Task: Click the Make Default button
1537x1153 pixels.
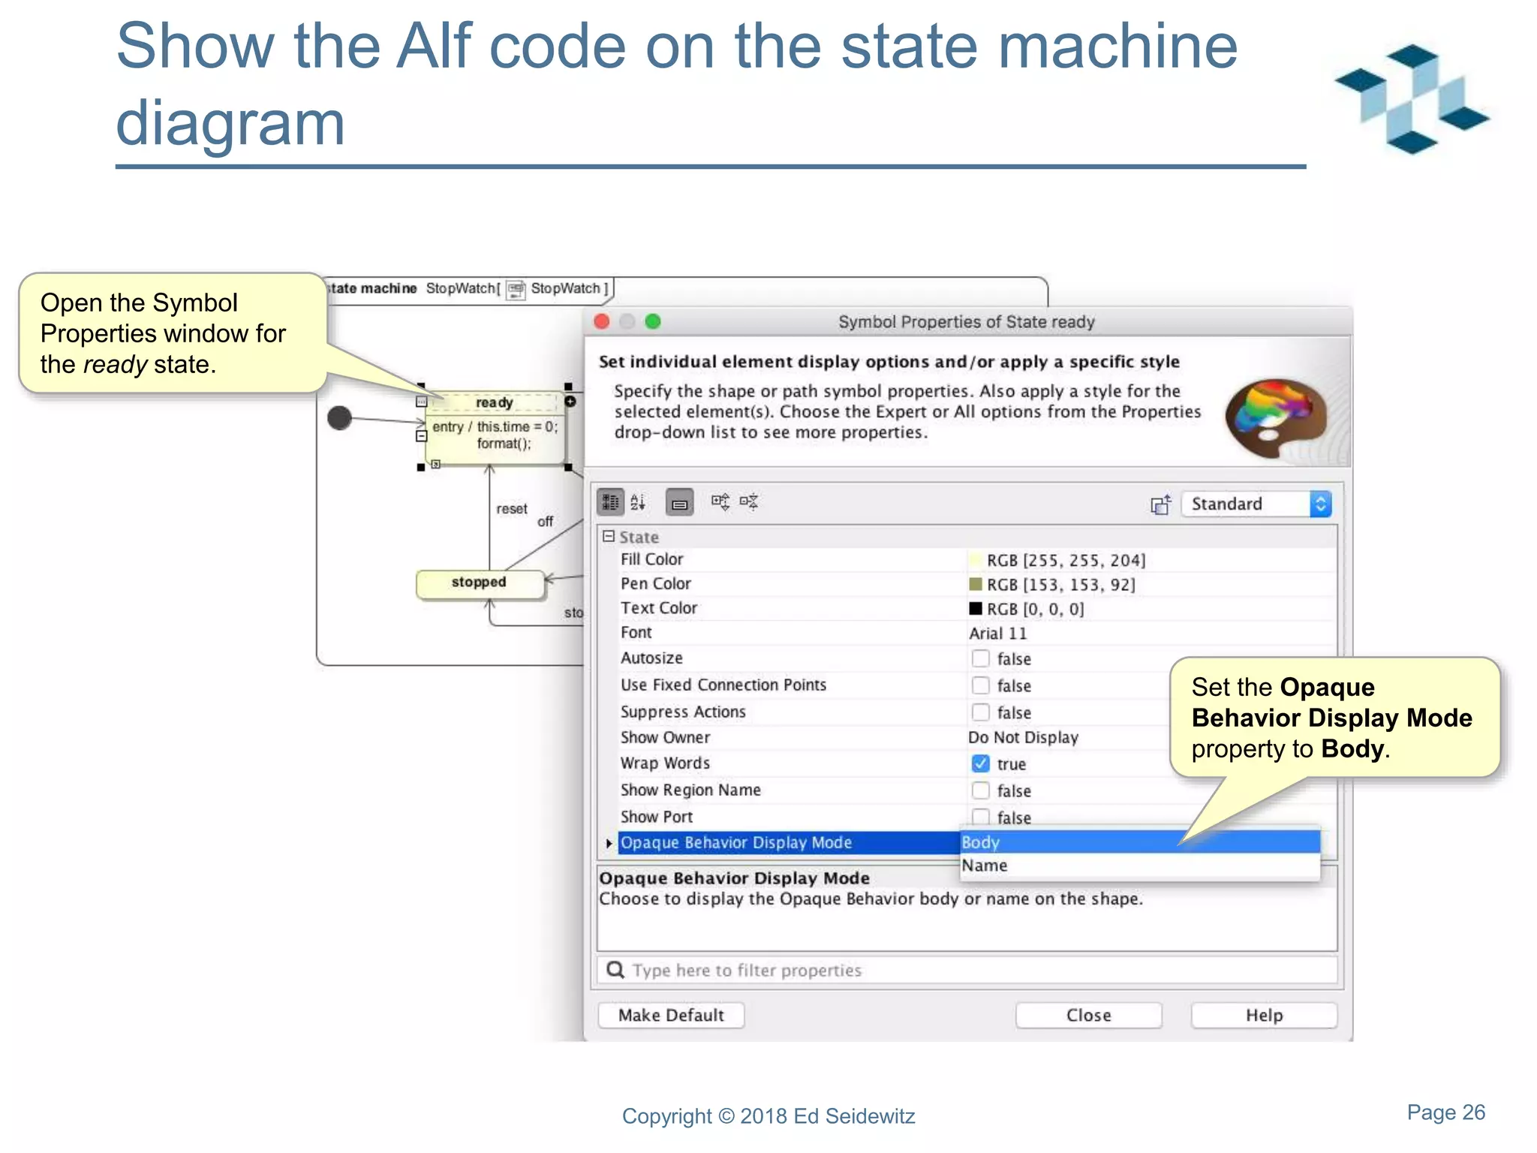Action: [x=671, y=1015]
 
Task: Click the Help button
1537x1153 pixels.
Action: [x=1264, y=1015]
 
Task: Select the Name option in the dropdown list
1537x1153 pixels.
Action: [x=985, y=866]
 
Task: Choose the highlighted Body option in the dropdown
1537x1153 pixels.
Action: [x=980, y=842]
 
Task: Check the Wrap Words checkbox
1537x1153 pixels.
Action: [x=980, y=763]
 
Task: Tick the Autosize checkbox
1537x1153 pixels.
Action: [x=980, y=658]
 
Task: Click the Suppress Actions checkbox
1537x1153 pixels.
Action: [x=980, y=712]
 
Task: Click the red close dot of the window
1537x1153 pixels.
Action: [x=602, y=322]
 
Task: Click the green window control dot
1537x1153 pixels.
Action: [x=653, y=322]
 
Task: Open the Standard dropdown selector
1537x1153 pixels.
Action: [x=1256, y=504]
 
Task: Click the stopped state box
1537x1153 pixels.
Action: [x=480, y=583]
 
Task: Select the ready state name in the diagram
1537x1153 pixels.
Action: [x=494, y=402]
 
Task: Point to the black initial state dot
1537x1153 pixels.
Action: [x=340, y=418]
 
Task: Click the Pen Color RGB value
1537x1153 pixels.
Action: [x=1060, y=585]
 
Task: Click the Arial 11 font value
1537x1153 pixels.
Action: [x=997, y=634]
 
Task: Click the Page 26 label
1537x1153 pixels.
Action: [x=1445, y=1112]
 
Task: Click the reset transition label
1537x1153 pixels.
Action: [x=512, y=509]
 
